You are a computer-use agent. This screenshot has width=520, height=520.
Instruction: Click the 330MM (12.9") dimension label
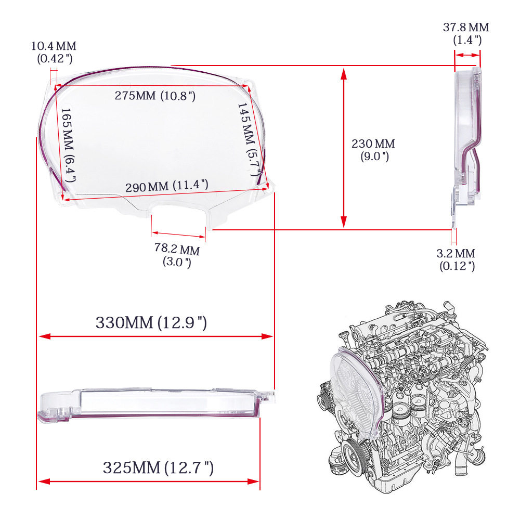(x=151, y=322)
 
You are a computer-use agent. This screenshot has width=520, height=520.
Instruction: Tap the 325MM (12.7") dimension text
(x=158, y=467)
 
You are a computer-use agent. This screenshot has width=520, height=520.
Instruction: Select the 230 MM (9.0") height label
(x=373, y=150)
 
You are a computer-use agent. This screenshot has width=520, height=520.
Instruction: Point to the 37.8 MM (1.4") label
(x=466, y=33)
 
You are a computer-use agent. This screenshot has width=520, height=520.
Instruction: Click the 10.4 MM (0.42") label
(x=54, y=52)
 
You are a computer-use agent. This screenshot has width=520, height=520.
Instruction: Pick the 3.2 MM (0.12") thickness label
(x=456, y=259)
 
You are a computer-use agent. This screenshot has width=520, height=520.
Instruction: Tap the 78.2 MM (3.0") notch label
(x=177, y=255)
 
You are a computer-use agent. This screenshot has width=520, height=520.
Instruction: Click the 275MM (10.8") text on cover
(x=155, y=96)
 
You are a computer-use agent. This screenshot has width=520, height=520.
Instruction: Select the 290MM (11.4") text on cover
(x=167, y=186)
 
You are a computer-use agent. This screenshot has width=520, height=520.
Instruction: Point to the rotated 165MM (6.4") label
(x=68, y=145)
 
